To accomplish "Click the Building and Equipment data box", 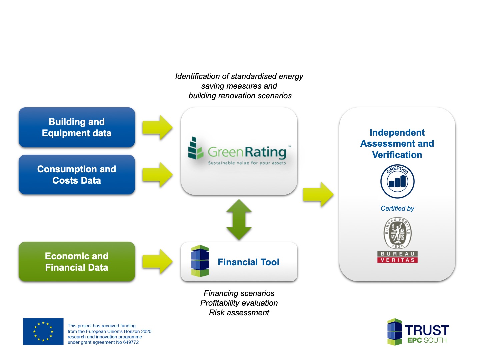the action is click(x=77, y=127).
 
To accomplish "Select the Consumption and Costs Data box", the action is click(x=77, y=174).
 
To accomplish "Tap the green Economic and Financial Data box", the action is click(x=77, y=261).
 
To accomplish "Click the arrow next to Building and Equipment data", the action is click(x=157, y=127).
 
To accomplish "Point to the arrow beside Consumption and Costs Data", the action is click(x=157, y=174).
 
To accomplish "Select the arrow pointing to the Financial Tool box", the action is click(x=157, y=261).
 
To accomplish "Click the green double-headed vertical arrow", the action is click(x=239, y=219).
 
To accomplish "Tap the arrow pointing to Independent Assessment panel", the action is click(x=318, y=194).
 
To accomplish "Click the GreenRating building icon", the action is click(x=195, y=148).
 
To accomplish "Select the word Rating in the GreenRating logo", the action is click(x=265, y=152).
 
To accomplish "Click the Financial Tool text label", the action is click(x=248, y=262).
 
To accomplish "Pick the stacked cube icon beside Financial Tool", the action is click(x=200, y=261).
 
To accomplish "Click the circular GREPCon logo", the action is click(x=397, y=181).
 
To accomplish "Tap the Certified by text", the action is click(x=397, y=208).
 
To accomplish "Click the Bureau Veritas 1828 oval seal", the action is click(x=397, y=233).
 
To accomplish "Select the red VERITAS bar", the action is click(x=397, y=260).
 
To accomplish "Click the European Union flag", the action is click(x=43, y=331).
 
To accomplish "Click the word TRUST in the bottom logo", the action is click(x=427, y=330).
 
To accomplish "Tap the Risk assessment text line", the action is click(x=239, y=313).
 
